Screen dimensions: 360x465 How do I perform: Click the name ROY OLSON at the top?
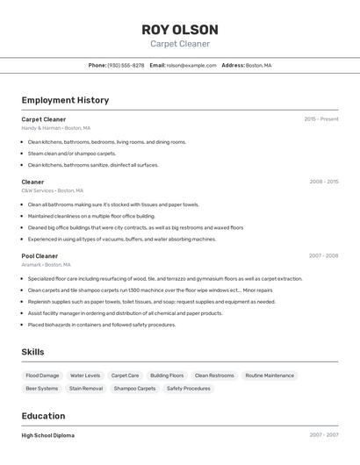click(180, 30)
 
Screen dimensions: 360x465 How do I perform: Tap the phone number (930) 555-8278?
click(126, 65)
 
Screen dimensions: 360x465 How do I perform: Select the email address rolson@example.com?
click(191, 65)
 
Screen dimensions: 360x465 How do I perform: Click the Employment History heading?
click(65, 100)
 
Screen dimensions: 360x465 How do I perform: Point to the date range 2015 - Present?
click(321, 119)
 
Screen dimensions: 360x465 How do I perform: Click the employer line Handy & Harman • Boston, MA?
click(55, 128)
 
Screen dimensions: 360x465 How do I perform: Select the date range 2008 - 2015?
click(324, 182)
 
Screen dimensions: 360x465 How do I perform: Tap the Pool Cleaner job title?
click(40, 256)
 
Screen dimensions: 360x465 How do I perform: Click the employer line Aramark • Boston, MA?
click(47, 265)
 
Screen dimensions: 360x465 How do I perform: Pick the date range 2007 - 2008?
click(324, 256)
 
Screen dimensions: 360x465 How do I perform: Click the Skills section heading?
click(33, 352)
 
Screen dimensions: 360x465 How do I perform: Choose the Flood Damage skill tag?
click(43, 376)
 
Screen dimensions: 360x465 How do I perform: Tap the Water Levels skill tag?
click(85, 376)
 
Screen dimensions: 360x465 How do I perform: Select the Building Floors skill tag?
click(167, 376)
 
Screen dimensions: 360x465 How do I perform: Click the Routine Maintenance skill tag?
click(270, 376)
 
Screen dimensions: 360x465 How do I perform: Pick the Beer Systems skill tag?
click(42, 388)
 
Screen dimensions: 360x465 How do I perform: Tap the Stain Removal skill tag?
click(86, 388)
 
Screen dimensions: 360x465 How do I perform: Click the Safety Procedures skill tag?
click(189, 388)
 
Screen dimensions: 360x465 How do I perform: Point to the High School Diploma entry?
click(48, 435)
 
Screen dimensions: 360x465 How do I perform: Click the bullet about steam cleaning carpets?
click(72, 154)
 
